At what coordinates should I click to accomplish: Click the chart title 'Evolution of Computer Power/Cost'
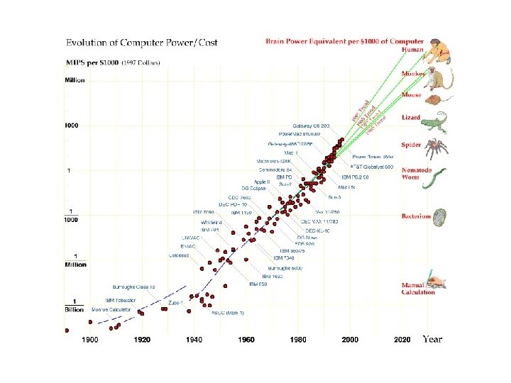[141, 43]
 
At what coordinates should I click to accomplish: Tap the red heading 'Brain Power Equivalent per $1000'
[344, 42]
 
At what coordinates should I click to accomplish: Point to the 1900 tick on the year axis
[89, 340]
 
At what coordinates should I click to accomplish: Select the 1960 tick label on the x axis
[246, 340]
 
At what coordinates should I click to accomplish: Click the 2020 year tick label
[402, 340]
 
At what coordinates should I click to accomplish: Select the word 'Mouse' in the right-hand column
[412, 94]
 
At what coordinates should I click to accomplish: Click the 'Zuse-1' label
[175, 303]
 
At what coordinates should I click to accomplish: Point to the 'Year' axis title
[432, 339]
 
